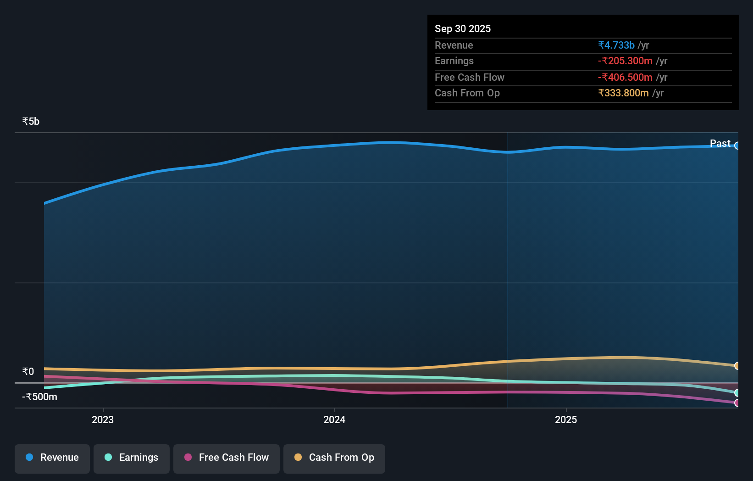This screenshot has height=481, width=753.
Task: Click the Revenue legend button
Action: [52, 458]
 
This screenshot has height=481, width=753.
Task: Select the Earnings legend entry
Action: [132, 458]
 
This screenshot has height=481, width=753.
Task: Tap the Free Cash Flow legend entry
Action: [227, 458]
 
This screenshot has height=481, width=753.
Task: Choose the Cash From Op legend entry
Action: [334, 458]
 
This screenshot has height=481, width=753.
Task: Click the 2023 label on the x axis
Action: [103, 420]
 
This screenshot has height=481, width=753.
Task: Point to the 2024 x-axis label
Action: [334, 420]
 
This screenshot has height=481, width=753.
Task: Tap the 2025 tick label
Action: [566, 420]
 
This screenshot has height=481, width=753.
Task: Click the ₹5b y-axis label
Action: [31, 122]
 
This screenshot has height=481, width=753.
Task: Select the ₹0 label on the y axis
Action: [28, 372]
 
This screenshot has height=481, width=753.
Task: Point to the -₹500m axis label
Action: [39, 397]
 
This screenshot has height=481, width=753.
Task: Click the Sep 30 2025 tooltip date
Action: [463, 29]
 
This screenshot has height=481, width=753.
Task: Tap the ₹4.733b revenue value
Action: [616, 45]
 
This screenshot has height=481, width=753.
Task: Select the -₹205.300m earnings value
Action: [625, 61]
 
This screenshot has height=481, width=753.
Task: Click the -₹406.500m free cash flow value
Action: [625, 78]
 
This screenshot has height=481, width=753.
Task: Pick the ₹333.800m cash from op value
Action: [623, 93]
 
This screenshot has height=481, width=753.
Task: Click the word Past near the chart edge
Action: [720, 144]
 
